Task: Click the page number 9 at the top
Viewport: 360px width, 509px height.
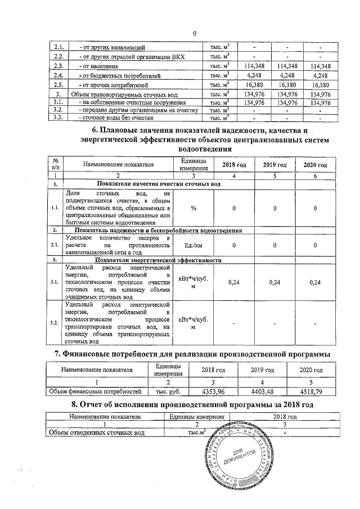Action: pyautogui.click(x=194, y=34)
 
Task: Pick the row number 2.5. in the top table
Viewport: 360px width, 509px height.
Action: pyautogui.click(x=57, y=84)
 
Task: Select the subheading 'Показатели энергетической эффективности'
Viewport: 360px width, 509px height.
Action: pyautogui.click(x=157, y=260)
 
